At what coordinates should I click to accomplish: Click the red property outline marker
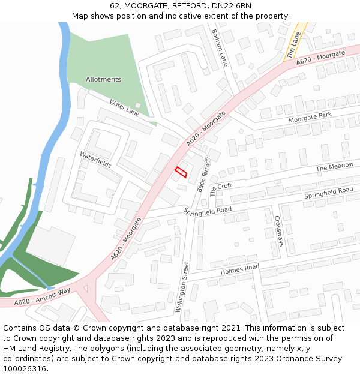(181, 172)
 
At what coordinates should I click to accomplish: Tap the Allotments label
(103, 79)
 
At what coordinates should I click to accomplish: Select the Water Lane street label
(124, 109)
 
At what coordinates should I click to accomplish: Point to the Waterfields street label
(92, 163)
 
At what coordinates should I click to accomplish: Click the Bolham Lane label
(220, 47)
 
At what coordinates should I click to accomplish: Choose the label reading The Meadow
(334, 167)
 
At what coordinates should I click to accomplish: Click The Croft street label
(221, 190)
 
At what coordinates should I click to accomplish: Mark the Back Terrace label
(203, 175)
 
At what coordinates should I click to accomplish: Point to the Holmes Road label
(239, 269)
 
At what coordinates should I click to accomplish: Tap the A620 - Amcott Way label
(42, 296)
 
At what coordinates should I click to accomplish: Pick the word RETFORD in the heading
(186, 6)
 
